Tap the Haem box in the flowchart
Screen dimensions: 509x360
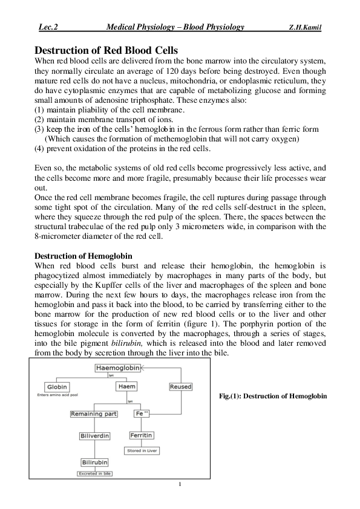126,387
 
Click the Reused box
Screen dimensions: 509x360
181,387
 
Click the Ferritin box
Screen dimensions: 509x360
141,435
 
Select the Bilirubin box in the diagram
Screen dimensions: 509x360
95,462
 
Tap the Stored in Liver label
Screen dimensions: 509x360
141,451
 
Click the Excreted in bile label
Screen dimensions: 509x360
95,474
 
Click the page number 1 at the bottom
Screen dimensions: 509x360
180,485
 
